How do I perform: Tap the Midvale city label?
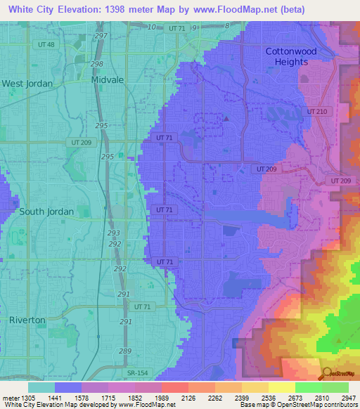point(108,80)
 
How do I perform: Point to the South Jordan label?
point(41,212)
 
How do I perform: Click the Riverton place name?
point(27,320)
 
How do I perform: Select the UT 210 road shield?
point(317,112)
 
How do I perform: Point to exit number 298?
point(96,63)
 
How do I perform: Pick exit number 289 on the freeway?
point(125,351)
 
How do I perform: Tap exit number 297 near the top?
point(101,35)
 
